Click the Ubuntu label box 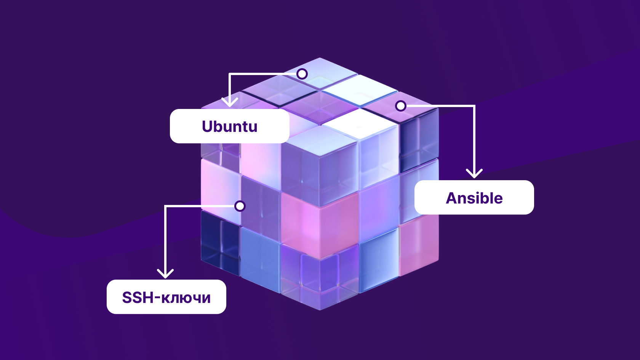[230, 126]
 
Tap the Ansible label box [474, 197]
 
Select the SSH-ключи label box [166, 297]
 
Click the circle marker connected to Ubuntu [302, 74]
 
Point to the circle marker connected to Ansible [401, 106]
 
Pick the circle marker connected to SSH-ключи [240, 206]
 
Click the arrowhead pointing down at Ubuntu [230, 102]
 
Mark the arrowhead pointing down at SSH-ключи [165, 273]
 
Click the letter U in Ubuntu [208, 126]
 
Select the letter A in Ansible [452, 198]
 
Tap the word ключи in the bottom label [186, 298]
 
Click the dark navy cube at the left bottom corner [220, 242]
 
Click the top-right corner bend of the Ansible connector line [474, 106]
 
